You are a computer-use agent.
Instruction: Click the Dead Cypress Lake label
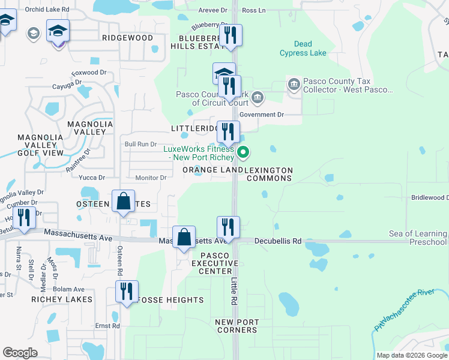coord(303,49)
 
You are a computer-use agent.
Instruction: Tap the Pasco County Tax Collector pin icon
coord(294,84)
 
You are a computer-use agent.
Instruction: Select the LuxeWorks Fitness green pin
coord(243,152)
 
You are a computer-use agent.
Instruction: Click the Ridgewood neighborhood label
coord(128,38)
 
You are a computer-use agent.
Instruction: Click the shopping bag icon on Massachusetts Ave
coord(184,237)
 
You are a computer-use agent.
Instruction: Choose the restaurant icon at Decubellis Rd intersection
coord(228,227)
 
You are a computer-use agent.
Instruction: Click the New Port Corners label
coord(237,326)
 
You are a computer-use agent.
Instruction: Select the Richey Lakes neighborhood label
coord(62,299)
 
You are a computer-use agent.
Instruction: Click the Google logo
coord(20,352)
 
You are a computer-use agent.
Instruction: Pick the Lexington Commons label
coord(269,175)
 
